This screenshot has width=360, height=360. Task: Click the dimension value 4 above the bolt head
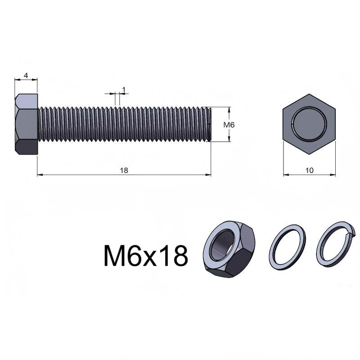point(26,75)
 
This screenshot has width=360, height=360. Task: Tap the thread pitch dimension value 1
point(124,89)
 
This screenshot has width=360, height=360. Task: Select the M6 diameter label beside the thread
point(229,125)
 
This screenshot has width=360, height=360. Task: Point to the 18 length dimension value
point(124,171)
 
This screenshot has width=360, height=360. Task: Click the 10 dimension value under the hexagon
point(309,171)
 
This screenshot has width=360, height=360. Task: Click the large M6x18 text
point(146,256)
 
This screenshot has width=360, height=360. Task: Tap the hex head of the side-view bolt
point(26,124)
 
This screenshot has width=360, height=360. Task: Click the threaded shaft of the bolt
point(124,124)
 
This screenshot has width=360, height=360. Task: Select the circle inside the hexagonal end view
point(309,124)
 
